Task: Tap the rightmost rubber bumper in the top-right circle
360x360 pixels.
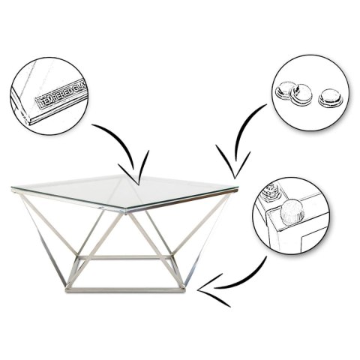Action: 328,97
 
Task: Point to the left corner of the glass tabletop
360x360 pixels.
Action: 13,188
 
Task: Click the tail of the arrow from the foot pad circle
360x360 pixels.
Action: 267,259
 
